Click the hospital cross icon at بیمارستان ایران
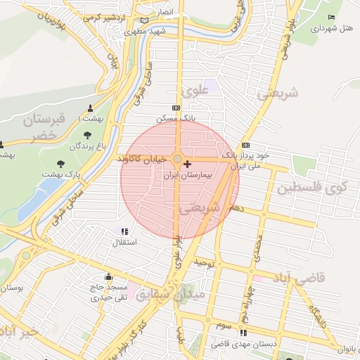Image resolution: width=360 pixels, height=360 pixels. (x=186, y=165)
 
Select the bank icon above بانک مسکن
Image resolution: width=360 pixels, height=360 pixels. (x=176, y=108)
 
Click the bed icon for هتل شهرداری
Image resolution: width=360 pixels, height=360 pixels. (x=332, y=17)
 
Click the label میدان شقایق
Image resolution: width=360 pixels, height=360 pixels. (x=171, y=294)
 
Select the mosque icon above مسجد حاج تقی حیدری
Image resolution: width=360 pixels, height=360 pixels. (x=108, y=276)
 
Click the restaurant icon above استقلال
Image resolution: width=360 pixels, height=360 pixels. (x=124, y=231)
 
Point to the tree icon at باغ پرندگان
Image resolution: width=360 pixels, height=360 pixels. (x=87, y=135)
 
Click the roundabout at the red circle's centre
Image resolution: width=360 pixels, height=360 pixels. (x=178, y=160)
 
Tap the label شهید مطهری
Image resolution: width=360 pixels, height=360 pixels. (x=145, y=32)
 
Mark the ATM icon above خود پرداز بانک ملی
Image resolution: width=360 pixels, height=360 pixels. (x=245, y=143)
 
